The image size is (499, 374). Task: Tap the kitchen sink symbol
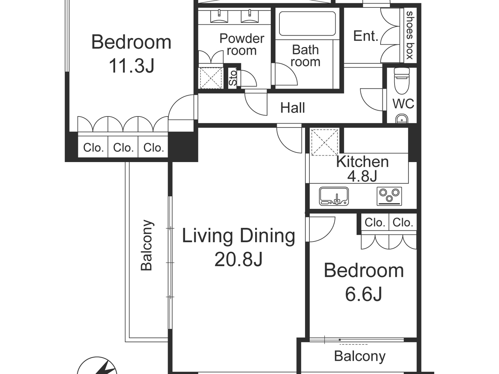[x=334, y=196]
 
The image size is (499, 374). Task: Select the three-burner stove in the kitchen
[x=389, y=196]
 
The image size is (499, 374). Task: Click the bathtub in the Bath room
[x=307, y=24]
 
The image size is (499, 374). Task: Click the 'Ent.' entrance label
[x=365, y=36]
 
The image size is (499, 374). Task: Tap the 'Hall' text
[x=292, y=108]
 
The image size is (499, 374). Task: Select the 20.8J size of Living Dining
[x=238, y=259]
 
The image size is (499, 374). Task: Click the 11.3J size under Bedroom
[x=131, y=66]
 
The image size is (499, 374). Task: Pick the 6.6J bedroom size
[x=364, y=294]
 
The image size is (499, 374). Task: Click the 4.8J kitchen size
[x=362, y=176]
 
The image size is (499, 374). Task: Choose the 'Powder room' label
[x=242, y=44]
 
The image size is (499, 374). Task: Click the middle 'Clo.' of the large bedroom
[x=123, y=147]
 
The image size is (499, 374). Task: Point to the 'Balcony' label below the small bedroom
[x=360, y=356]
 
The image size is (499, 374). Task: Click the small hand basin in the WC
[x=402, y=119]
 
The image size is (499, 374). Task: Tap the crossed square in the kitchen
[x=324, y=142]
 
